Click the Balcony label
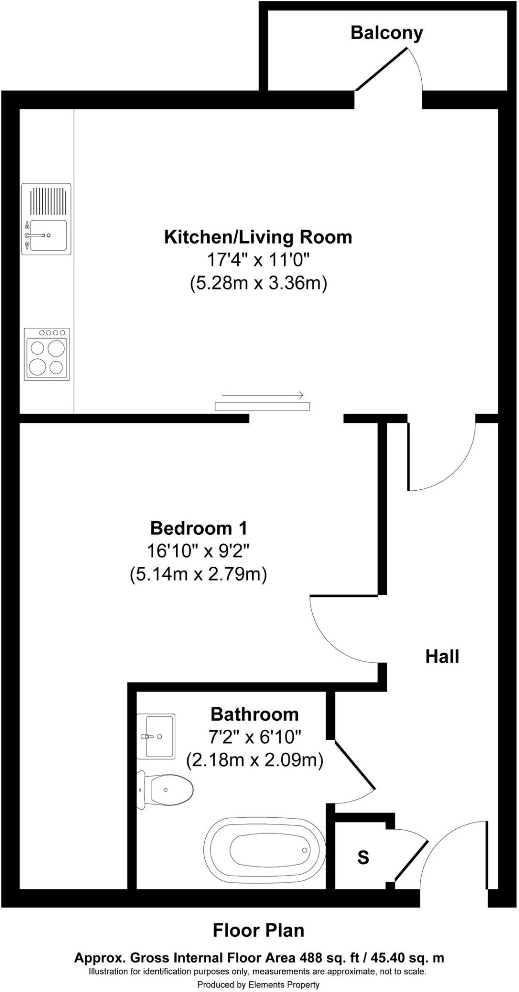click(x=386, y=33)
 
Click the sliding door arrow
click(x=262, y=395)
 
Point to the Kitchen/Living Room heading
click(x=258, y=237)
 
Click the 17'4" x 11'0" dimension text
click(x=258, y=260)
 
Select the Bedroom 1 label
click(x=198, y=528)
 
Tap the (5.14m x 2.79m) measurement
click(x=198, y=574)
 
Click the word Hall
click(x=442, y=657)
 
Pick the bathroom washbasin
click(x=156, y=736)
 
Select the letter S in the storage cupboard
click(x=363, y=858)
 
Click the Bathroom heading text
click(x=254, y=714)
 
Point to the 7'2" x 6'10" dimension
click(x=254, y=737)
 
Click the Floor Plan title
click(x=259, y=930)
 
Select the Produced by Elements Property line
click(x=258, y=984)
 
